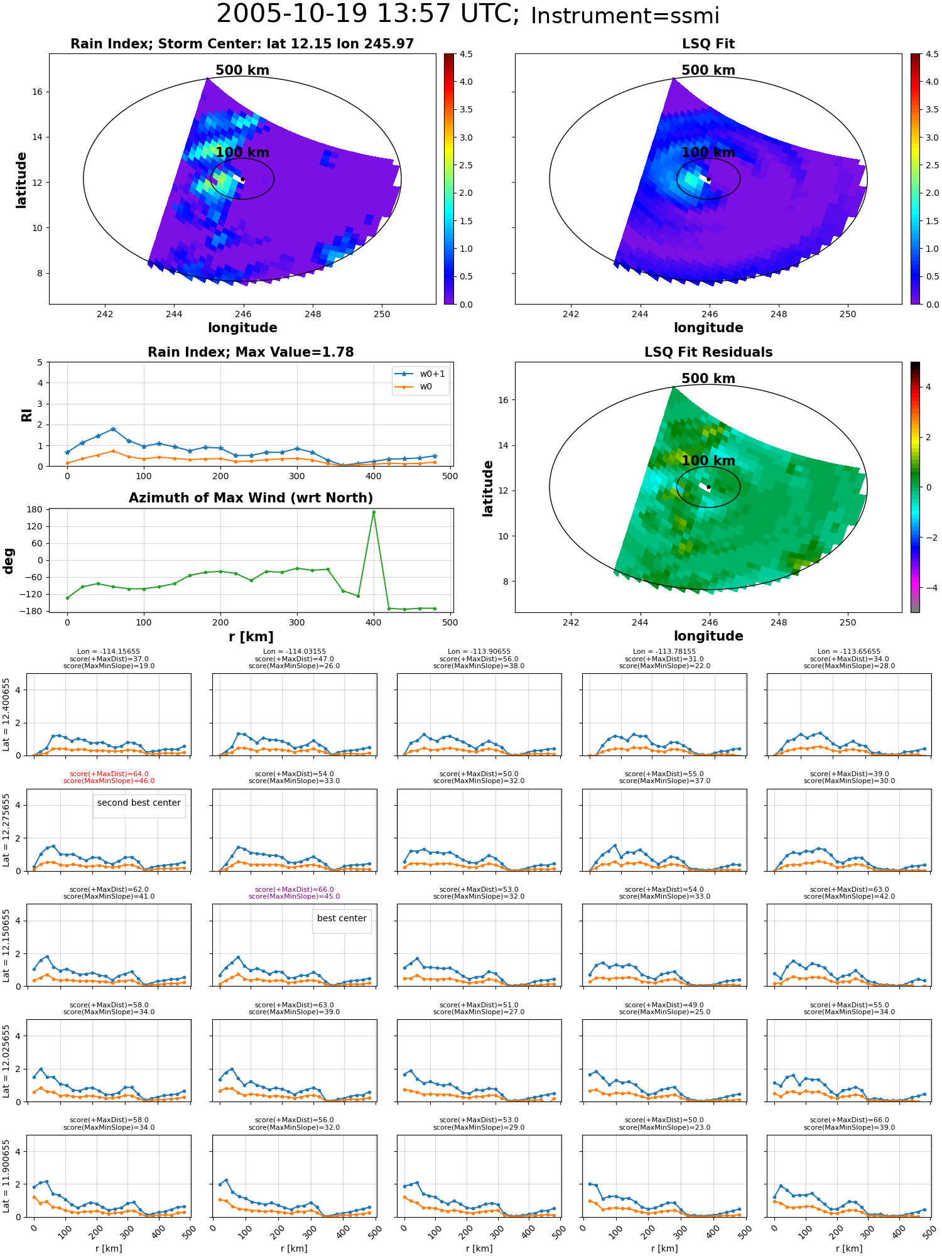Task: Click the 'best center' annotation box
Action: click(x=342, y=921)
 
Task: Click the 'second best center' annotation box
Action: click(x=139, y=805)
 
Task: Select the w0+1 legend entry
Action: click(x=420, y=374)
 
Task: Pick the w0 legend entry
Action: click(x=414, y=387)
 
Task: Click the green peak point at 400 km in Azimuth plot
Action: click(x=374, y=512)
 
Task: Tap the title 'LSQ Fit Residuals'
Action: click(x=708, y=352)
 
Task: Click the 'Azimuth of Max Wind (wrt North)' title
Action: click(x=251, y=498)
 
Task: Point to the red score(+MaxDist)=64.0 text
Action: click(x=109, y=774)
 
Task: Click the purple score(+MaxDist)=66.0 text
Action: click(x=295, y=890)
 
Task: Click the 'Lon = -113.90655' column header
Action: click(x=479, y=652)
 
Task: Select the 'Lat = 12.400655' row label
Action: click(x=6, y=715)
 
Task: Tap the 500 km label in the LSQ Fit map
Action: click(x=708, y=70)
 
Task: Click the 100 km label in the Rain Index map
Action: click(x=242, y=153)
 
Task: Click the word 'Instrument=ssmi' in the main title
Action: click(x=625, y=16)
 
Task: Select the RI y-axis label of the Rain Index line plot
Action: click(x=26, y=415)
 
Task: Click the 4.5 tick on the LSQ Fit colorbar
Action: click(x=933, y=54)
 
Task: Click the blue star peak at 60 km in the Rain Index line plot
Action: click(x=113, y=429)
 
